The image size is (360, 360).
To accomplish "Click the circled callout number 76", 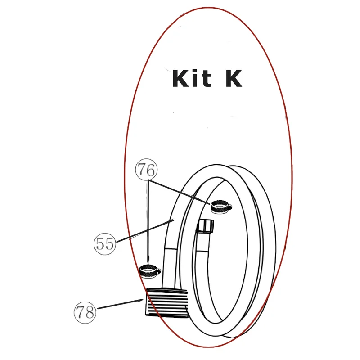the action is pos(146,170).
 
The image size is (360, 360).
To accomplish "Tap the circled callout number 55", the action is pos(104,244).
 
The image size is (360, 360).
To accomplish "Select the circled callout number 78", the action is pos(85,312).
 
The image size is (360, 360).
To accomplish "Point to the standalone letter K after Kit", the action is pos(234,78).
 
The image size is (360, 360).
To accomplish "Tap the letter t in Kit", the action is pos(206,80).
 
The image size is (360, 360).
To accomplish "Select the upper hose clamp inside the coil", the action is pos(221,207).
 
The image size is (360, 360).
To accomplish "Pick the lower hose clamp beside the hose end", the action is pos(150,271).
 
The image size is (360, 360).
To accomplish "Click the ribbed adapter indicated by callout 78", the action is pos(167,302).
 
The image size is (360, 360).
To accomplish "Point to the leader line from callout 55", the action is pos(145,231).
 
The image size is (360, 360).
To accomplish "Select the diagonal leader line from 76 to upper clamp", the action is pos(179,192).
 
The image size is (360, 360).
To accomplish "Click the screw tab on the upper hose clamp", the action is pos(230,206).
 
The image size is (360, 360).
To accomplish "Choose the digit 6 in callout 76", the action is pos(151,170).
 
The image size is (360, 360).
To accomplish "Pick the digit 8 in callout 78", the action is pos(89,313).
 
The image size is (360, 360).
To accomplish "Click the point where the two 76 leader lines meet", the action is pos(148,180).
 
